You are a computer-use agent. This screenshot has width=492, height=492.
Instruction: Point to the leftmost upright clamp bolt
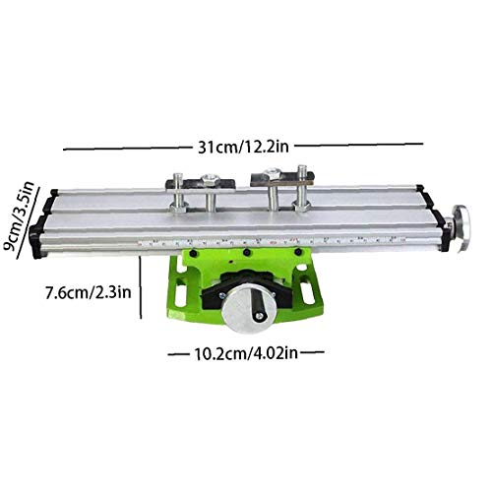[180, 195]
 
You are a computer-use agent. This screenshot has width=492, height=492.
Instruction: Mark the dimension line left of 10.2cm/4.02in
[174, 352]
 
